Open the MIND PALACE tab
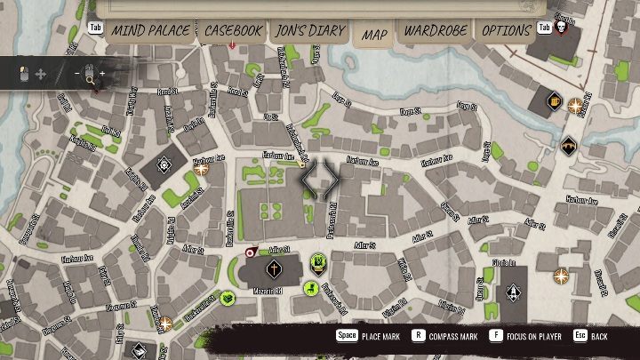pos(150,30)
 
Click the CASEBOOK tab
pos(233,30)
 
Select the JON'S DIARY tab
pos(310,30)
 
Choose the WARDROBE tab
pos(435,30)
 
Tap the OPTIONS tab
pos(506,30)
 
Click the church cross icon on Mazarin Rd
pos(274,268)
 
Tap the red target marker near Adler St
pos(251,253)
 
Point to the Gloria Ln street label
pos(505,263)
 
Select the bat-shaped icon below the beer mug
pos(568,145)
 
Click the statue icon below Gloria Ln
pos(513,292)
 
